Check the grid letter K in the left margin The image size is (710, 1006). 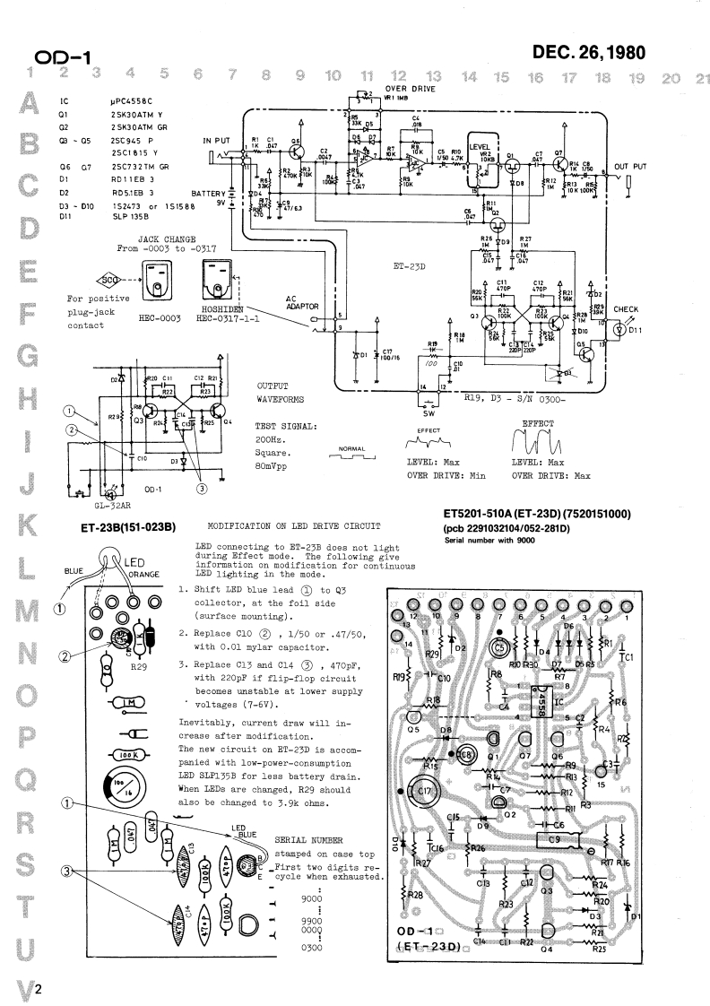(13, 522)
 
